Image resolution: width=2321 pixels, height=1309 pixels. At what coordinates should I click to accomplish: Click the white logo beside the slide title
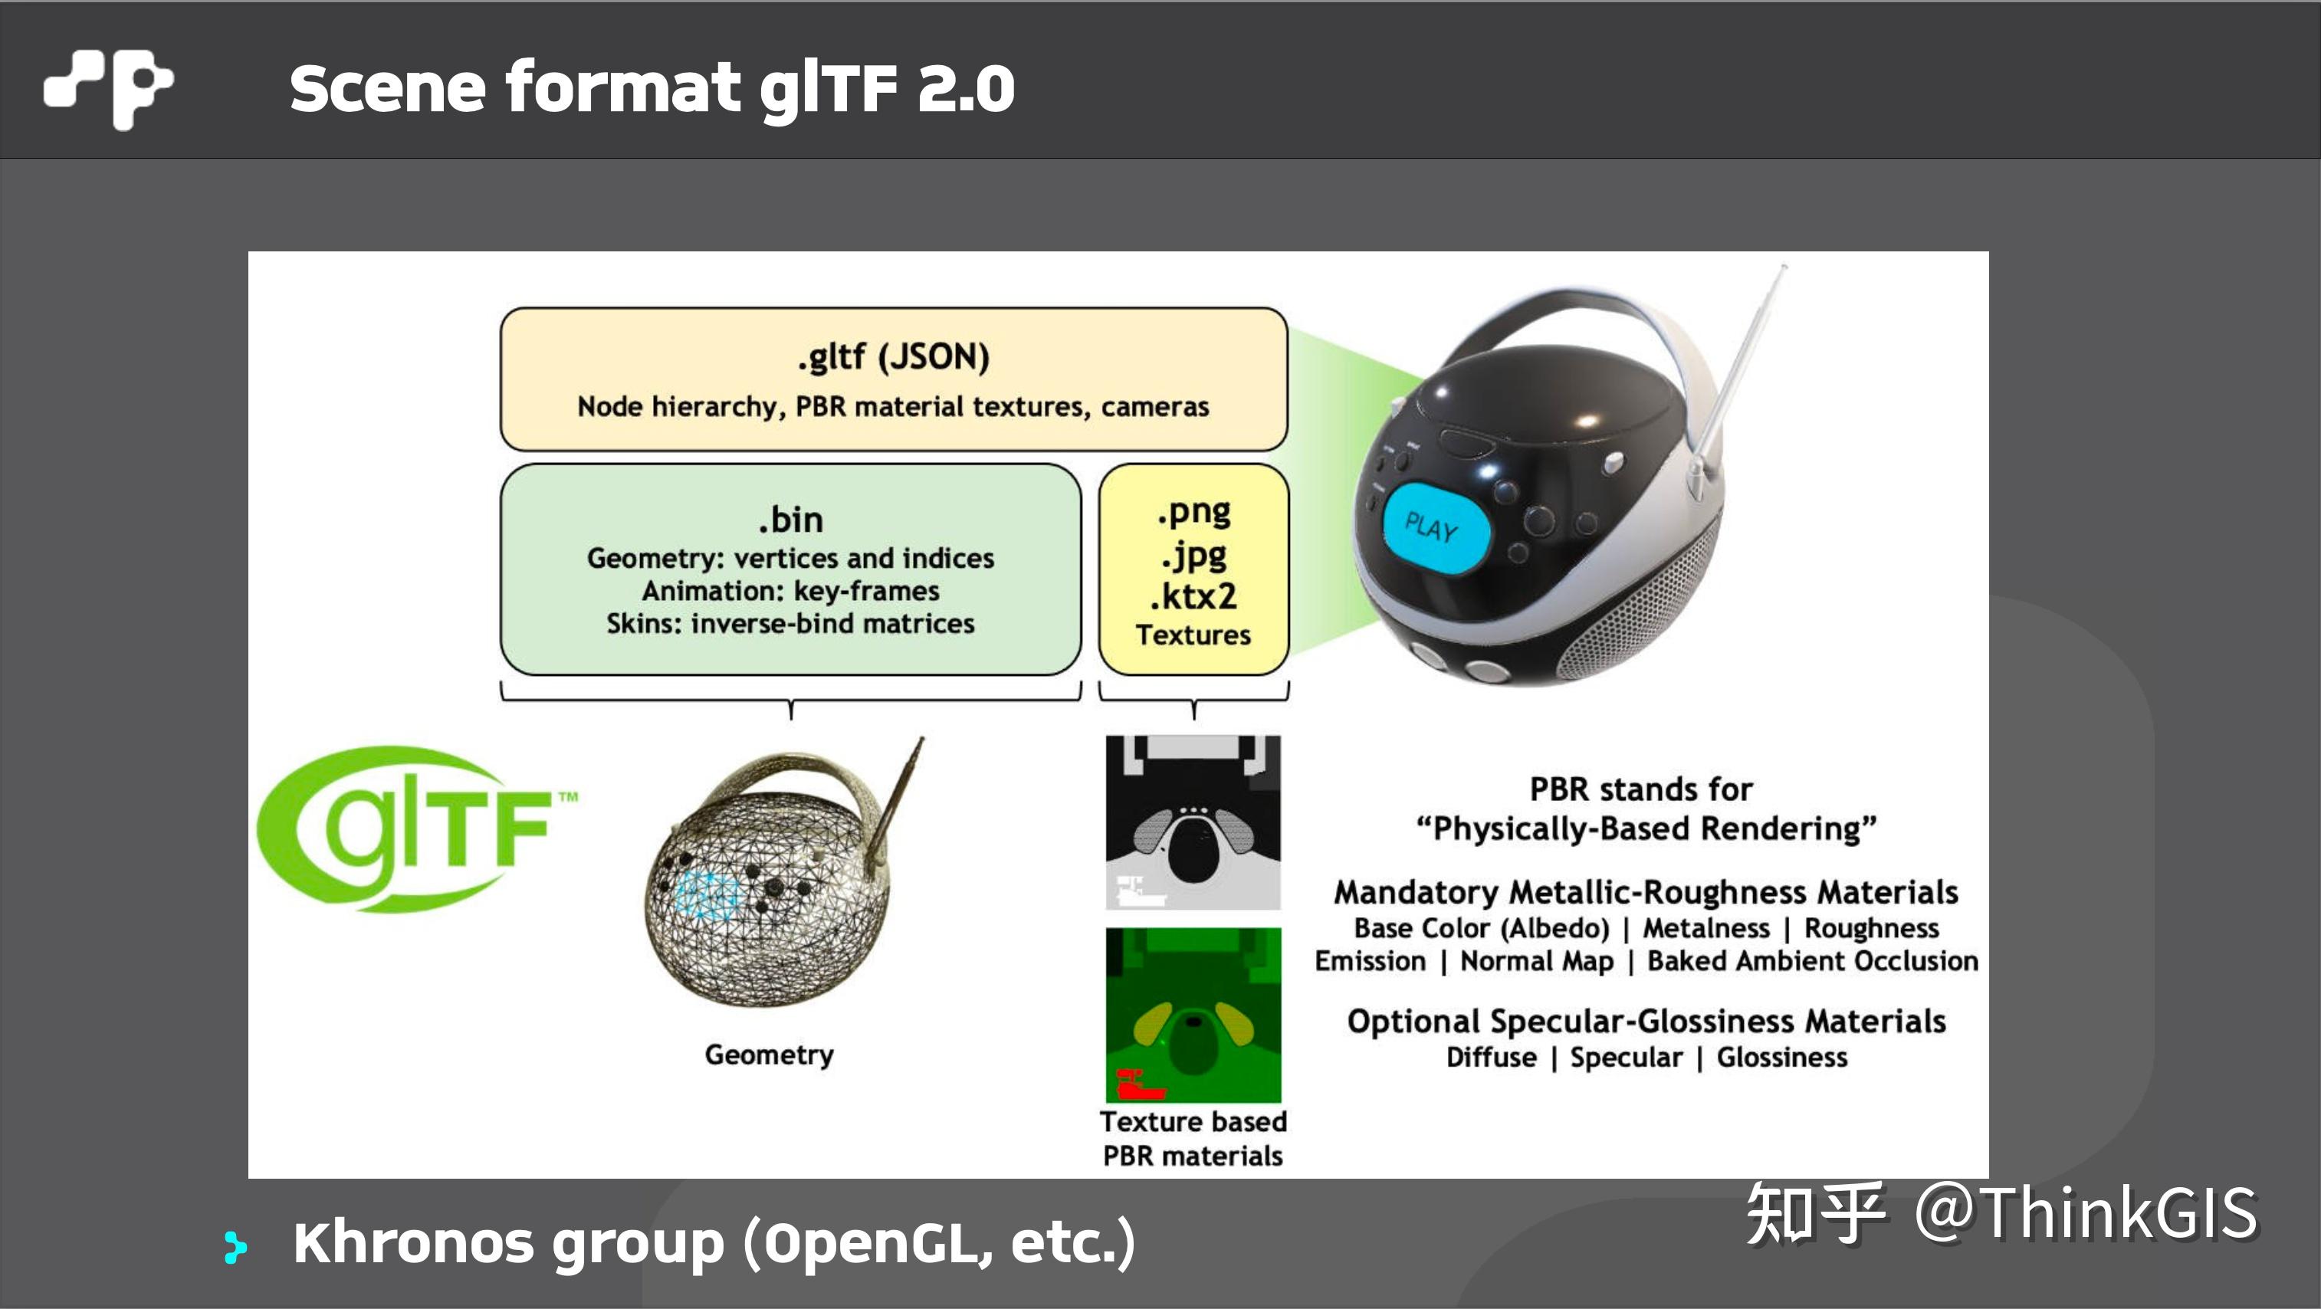tap(108, 88)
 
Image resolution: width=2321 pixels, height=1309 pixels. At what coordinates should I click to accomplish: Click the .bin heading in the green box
tap(790, 520)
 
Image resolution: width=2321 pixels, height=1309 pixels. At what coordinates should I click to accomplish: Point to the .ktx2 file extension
tap(1193, 596)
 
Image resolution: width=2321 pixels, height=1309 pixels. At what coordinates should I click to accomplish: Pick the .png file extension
tap(1193, 513)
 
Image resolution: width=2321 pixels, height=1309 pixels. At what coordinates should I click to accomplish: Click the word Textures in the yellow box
tap(1193, 635)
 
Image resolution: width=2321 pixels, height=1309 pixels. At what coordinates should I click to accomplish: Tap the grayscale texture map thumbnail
tap(1193, 822)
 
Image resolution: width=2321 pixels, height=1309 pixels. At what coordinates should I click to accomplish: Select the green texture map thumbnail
tap(1193, 1013)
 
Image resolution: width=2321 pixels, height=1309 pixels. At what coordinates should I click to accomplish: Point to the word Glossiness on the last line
tap(1781, 1058)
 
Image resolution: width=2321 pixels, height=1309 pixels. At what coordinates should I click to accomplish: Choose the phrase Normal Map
tap(1536, 961)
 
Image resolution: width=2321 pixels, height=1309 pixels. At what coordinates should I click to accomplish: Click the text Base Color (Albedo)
tap(1481, 928)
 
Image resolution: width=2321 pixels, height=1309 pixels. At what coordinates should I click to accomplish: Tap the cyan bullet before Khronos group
tap(235, 1247)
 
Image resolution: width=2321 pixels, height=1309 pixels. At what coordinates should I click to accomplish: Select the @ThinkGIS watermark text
tap(2086, 1213)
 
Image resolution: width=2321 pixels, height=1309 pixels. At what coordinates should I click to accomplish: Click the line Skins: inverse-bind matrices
tap(790, 623)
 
